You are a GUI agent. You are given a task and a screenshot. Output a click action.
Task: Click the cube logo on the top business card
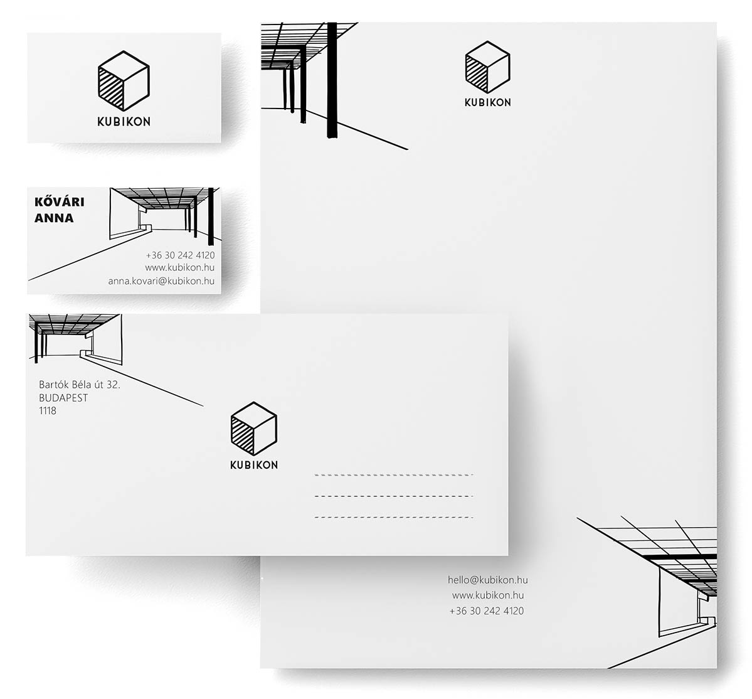[124, 81]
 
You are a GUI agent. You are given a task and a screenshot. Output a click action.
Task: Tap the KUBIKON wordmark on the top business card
[124, 122]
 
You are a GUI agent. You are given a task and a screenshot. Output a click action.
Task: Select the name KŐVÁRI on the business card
[60, 201]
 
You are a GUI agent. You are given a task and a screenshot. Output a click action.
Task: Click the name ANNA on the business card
[54, 218]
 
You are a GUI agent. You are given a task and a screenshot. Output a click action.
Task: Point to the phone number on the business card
[181, 255]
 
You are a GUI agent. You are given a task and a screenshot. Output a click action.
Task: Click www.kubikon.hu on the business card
[180, 268]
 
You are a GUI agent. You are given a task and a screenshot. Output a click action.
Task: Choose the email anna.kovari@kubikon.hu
[161, 281]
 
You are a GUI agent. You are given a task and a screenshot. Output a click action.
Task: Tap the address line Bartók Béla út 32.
[80, 384]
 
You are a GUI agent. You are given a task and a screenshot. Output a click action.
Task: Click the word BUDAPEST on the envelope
[63, 398]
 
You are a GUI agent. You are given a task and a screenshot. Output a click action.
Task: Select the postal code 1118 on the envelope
[48, 410]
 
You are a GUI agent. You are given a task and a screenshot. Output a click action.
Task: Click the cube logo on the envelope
[254, 429]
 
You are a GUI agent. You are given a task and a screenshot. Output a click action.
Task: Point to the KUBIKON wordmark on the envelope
[254, 465]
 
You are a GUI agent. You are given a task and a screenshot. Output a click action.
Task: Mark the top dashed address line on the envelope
[394, 475]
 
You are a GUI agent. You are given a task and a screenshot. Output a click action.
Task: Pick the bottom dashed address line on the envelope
[394, 518]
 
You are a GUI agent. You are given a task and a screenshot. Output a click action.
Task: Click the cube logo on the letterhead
[488, 67]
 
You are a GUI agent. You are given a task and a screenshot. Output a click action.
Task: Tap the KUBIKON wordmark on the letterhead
[488, 102]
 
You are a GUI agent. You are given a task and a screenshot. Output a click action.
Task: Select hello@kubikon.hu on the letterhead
[488, 580]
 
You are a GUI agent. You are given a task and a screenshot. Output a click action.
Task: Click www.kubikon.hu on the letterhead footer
[488, 595]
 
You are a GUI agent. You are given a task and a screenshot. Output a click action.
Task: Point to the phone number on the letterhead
[487, 611]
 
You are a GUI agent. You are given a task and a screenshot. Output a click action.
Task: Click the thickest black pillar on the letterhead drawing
[332, 80]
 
